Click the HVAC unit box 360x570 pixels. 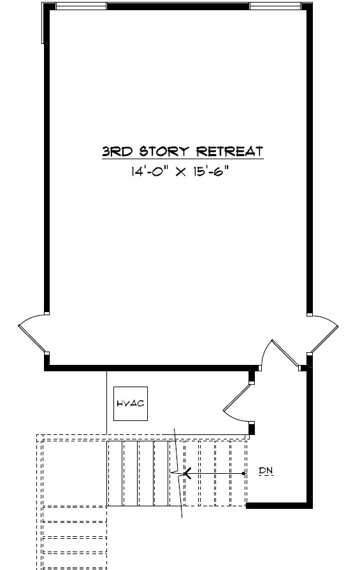131,404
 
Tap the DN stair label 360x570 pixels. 266,471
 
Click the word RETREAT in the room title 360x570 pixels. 229,151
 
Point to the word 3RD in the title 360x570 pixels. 118,151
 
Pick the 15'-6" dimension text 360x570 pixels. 213,171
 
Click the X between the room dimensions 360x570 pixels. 181,172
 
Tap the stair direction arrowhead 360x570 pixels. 187,473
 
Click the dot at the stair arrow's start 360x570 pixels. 243,473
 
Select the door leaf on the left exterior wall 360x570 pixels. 32,339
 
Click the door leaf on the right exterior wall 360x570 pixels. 325,339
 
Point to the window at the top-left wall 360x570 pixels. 81,6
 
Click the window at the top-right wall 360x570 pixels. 275,6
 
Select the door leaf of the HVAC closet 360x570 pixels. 237,397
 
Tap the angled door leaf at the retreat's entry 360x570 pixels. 285,353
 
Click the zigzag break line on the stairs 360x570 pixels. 178,473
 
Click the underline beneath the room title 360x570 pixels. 182,159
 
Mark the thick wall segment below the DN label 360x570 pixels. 279,506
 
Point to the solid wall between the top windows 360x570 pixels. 178,6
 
